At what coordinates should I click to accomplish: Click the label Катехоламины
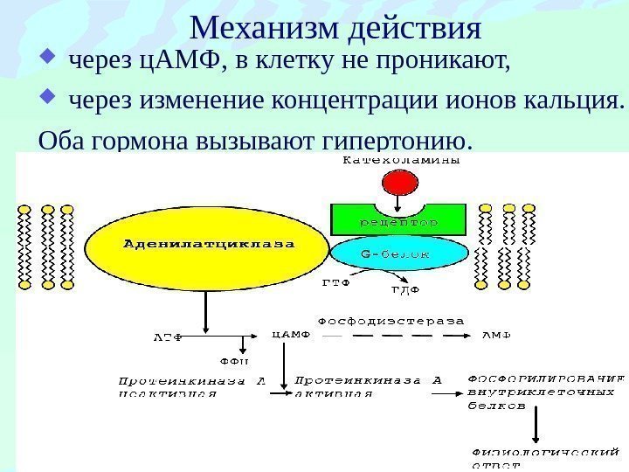pos(401,160)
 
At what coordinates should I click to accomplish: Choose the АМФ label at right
pos(496,334)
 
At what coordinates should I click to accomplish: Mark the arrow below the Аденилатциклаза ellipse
pos(204,312)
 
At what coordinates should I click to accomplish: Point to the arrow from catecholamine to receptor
pos(399,204)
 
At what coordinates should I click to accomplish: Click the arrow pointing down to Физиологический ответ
pos(535,428)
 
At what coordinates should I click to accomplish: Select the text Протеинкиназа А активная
pos(368,386)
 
